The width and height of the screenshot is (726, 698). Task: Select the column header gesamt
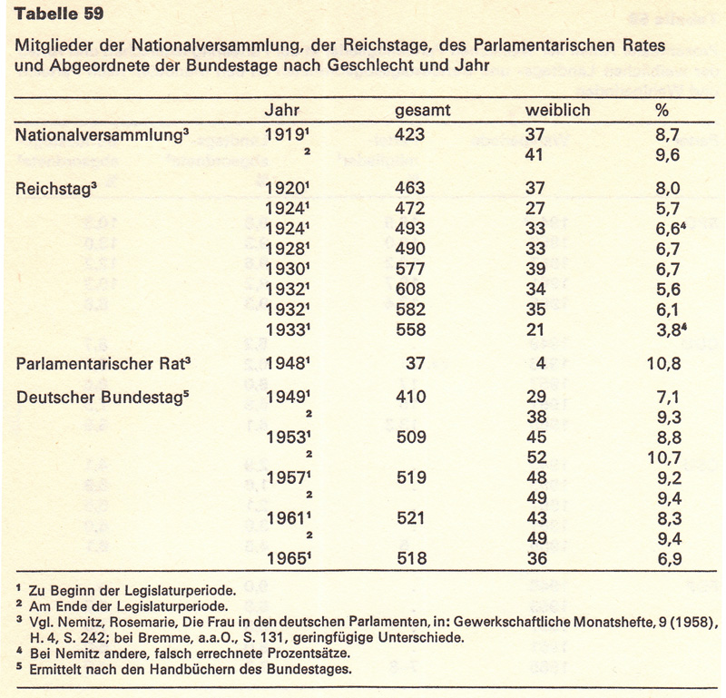click(423, 111)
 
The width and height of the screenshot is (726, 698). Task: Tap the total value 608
click(409, 292)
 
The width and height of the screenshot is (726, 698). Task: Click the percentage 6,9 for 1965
click(666, 559)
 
